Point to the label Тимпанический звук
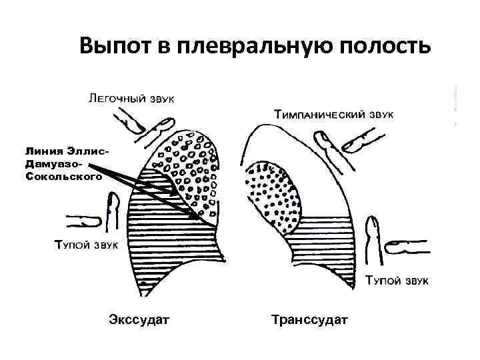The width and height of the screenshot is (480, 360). (334, 115)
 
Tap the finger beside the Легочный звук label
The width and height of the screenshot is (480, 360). (133, 124)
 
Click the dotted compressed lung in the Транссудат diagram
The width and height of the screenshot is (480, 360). (273, 193)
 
